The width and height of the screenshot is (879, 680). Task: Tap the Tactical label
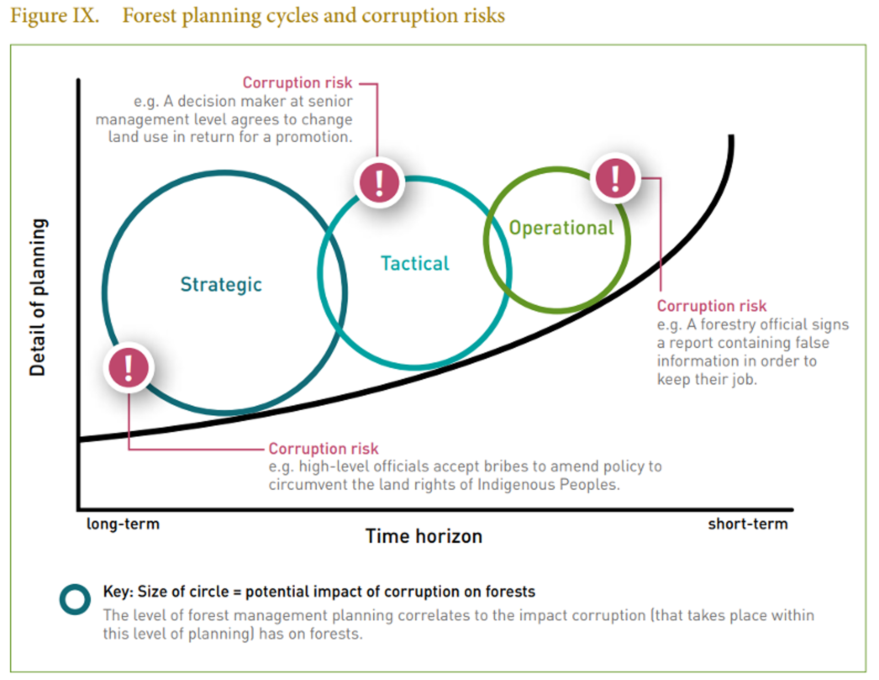415,264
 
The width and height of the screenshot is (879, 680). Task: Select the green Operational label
562,228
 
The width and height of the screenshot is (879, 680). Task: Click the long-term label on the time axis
123,524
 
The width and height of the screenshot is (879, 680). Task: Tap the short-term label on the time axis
748,524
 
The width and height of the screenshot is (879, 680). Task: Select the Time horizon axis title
424,536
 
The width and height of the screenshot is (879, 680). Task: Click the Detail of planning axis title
38,297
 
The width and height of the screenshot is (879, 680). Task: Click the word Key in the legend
117,591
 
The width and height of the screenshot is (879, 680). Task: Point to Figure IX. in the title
55,16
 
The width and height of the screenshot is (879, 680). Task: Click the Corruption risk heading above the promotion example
297,82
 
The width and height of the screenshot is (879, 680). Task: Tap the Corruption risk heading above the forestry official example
712,306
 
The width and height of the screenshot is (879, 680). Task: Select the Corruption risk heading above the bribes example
324,448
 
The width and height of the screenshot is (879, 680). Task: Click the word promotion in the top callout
314,137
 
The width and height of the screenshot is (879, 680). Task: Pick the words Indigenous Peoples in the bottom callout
548,484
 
